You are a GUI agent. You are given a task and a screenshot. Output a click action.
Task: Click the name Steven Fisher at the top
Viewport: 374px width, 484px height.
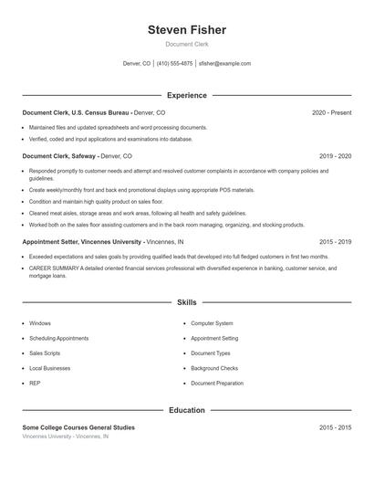click(186, 30)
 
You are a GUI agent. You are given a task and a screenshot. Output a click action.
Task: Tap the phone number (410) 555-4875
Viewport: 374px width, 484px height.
click(174, 64)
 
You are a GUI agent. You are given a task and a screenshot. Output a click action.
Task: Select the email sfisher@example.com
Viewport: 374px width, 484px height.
click(224, 64)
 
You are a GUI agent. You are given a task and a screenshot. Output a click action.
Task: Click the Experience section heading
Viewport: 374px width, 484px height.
click(186, 95)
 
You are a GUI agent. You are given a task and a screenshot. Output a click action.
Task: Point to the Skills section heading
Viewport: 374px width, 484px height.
click(186, 302)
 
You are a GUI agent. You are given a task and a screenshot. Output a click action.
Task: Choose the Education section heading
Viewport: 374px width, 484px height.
click(186, 411)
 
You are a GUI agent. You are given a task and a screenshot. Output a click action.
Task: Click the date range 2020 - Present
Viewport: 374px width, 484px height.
click(331, 112)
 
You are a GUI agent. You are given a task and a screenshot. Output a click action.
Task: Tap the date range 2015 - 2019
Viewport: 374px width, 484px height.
click(335, 242)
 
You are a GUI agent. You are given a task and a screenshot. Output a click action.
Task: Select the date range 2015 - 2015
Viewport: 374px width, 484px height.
click(335, 427)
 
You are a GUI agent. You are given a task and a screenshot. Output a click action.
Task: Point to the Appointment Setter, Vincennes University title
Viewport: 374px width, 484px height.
click(82, 242)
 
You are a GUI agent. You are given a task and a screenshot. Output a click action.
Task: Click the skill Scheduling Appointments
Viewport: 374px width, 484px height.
click(58, 338)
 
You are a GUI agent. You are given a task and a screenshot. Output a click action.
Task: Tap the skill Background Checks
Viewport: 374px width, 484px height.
click(214, 368)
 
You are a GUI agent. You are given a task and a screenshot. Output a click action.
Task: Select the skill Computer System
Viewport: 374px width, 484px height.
click(212, 323)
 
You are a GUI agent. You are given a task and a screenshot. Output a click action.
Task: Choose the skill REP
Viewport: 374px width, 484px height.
click(34, 384)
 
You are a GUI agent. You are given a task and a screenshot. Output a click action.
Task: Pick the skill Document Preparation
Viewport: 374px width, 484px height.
click(217, 384)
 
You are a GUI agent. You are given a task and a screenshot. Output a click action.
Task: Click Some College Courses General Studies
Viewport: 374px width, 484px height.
click(78, 427)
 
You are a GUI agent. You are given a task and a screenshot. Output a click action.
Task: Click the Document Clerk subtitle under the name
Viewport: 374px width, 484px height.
click(186, 45)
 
